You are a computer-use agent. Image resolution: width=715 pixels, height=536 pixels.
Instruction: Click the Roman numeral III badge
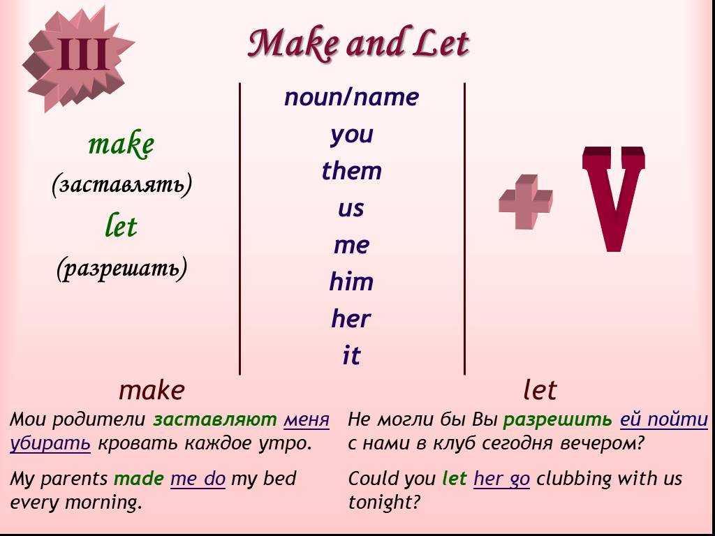78,59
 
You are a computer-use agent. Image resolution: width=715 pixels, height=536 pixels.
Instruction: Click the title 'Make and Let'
358,44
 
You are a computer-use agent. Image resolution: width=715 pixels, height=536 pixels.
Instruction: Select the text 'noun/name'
351,97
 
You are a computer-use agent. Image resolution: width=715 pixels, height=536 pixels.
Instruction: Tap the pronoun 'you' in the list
352,135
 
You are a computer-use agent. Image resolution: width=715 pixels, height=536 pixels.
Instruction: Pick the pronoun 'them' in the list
352,171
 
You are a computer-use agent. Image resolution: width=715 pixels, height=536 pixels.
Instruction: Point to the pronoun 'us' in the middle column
351,209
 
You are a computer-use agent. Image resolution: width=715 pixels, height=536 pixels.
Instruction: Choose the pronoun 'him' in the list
352,281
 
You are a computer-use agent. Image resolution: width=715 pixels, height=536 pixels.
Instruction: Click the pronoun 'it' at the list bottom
352,355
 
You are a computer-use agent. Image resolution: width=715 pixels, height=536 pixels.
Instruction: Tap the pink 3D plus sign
525,201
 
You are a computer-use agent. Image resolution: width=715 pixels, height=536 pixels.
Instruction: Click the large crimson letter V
613,199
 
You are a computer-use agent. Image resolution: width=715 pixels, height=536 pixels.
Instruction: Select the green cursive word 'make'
121,145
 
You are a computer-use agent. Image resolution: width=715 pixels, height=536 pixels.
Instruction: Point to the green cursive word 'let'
121,226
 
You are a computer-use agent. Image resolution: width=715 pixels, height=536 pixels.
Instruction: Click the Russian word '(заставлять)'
121,184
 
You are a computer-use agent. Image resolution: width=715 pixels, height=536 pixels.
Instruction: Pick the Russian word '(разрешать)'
121,268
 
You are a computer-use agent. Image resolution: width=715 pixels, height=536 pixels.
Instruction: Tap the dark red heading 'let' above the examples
540,390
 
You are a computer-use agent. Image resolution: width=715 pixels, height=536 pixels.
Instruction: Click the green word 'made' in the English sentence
139,479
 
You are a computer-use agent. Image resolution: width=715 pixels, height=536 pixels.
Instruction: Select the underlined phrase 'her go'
501,479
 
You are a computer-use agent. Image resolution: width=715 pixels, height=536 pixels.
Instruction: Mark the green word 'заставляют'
215,419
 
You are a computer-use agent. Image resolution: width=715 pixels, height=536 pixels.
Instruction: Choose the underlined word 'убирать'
50,443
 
